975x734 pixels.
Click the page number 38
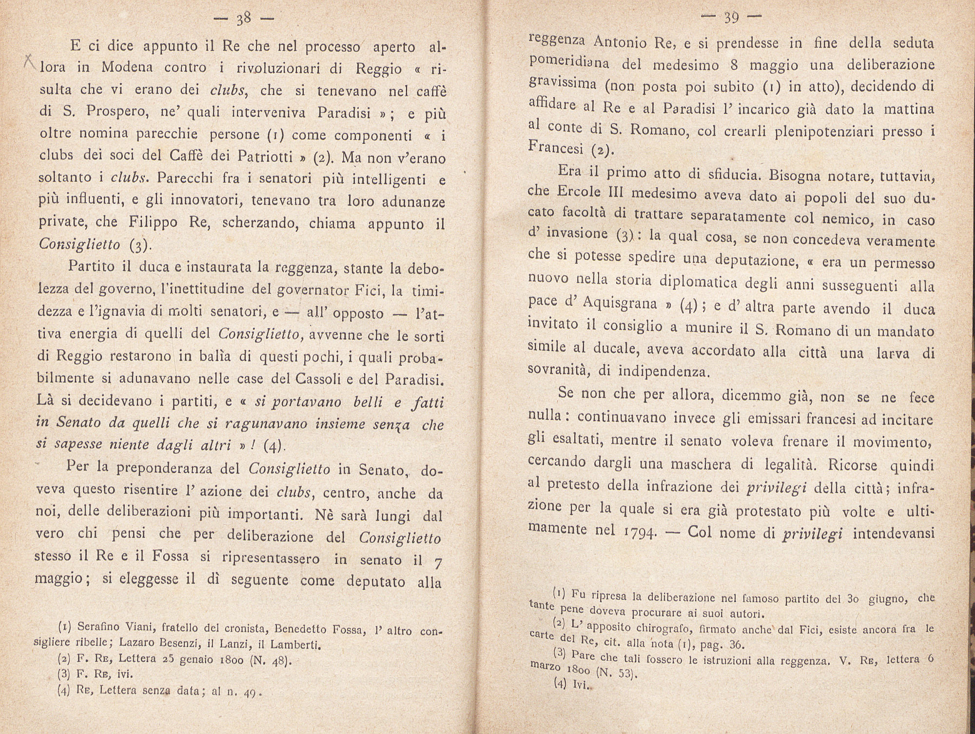coord(243,19)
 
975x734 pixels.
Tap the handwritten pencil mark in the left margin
coord(29,62)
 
